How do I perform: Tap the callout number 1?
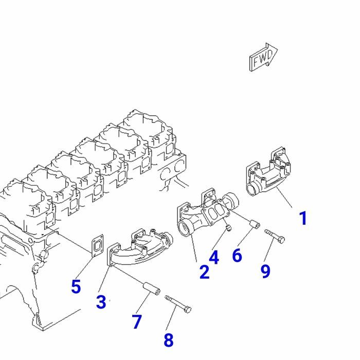click(x=303, y=218)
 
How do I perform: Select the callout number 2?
click(x=204, y=272)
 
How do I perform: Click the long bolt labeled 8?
click(x=178, y=304)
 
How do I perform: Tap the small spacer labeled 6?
click(x=254, y=224)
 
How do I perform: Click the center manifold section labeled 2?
click(x=203, y=216)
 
